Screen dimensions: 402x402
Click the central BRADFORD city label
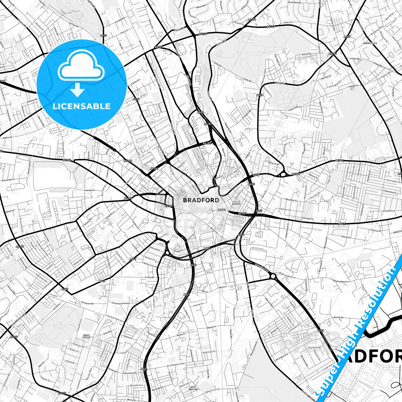pyautogui.click(x=201, y=200)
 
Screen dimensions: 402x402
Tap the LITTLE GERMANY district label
pyautogui.click(x=236, y=203)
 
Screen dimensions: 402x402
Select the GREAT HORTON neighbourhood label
pyautogui.click(x=87, y=336)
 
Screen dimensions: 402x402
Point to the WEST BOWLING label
pyautogui.click(x=193, y=388)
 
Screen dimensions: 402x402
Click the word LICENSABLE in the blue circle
pyautogui.click(x=82, y=106)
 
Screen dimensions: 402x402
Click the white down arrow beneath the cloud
pyautogui.click(x=77, y=90)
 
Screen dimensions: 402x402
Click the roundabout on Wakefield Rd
pyautogui.click(x=272, y=276)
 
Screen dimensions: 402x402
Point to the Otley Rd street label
pyautogui.click(x=280, y=83)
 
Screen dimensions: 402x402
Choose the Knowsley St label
pyautogui.click(x=308, y=218)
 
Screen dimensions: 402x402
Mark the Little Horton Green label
pyautogui.click(x=120, y=303)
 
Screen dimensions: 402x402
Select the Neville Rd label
pyautogui.click(x=338, y=317)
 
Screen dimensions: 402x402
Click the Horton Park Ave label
pyautogui.click(x=115, y=319)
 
